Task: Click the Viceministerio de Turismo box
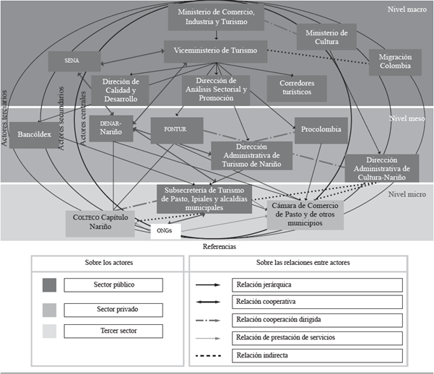tap(215, 51)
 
